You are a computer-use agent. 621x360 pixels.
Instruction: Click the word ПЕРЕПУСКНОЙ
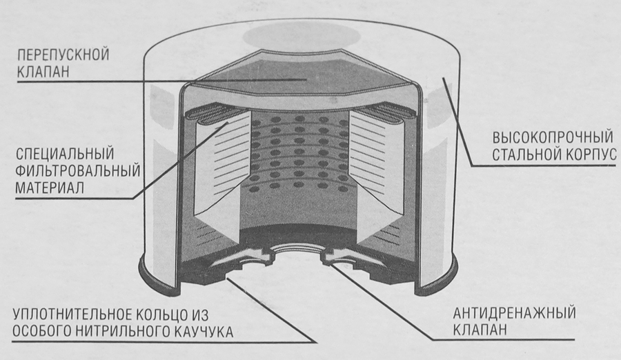[x=63, y=54]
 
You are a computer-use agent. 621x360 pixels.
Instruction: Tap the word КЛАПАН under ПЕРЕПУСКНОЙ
[x=43, y=72]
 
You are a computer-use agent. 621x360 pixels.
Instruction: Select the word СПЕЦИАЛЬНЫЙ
[x=65, y=153]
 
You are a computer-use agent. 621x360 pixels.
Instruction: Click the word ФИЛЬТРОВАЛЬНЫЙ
[x=78, y=171]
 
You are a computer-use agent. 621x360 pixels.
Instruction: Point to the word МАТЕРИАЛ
[x=50, y=188]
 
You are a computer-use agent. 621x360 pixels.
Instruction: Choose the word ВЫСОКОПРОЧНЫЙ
[x=553, y=138]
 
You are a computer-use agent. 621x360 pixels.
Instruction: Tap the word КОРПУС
[x=590, y=155]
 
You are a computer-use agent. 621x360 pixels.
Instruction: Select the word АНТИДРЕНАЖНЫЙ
[x=514, y=313]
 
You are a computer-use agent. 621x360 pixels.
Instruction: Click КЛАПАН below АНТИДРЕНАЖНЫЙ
[x=480, y=330]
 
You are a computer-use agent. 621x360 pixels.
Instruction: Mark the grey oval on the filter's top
[x=302, y=35]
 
